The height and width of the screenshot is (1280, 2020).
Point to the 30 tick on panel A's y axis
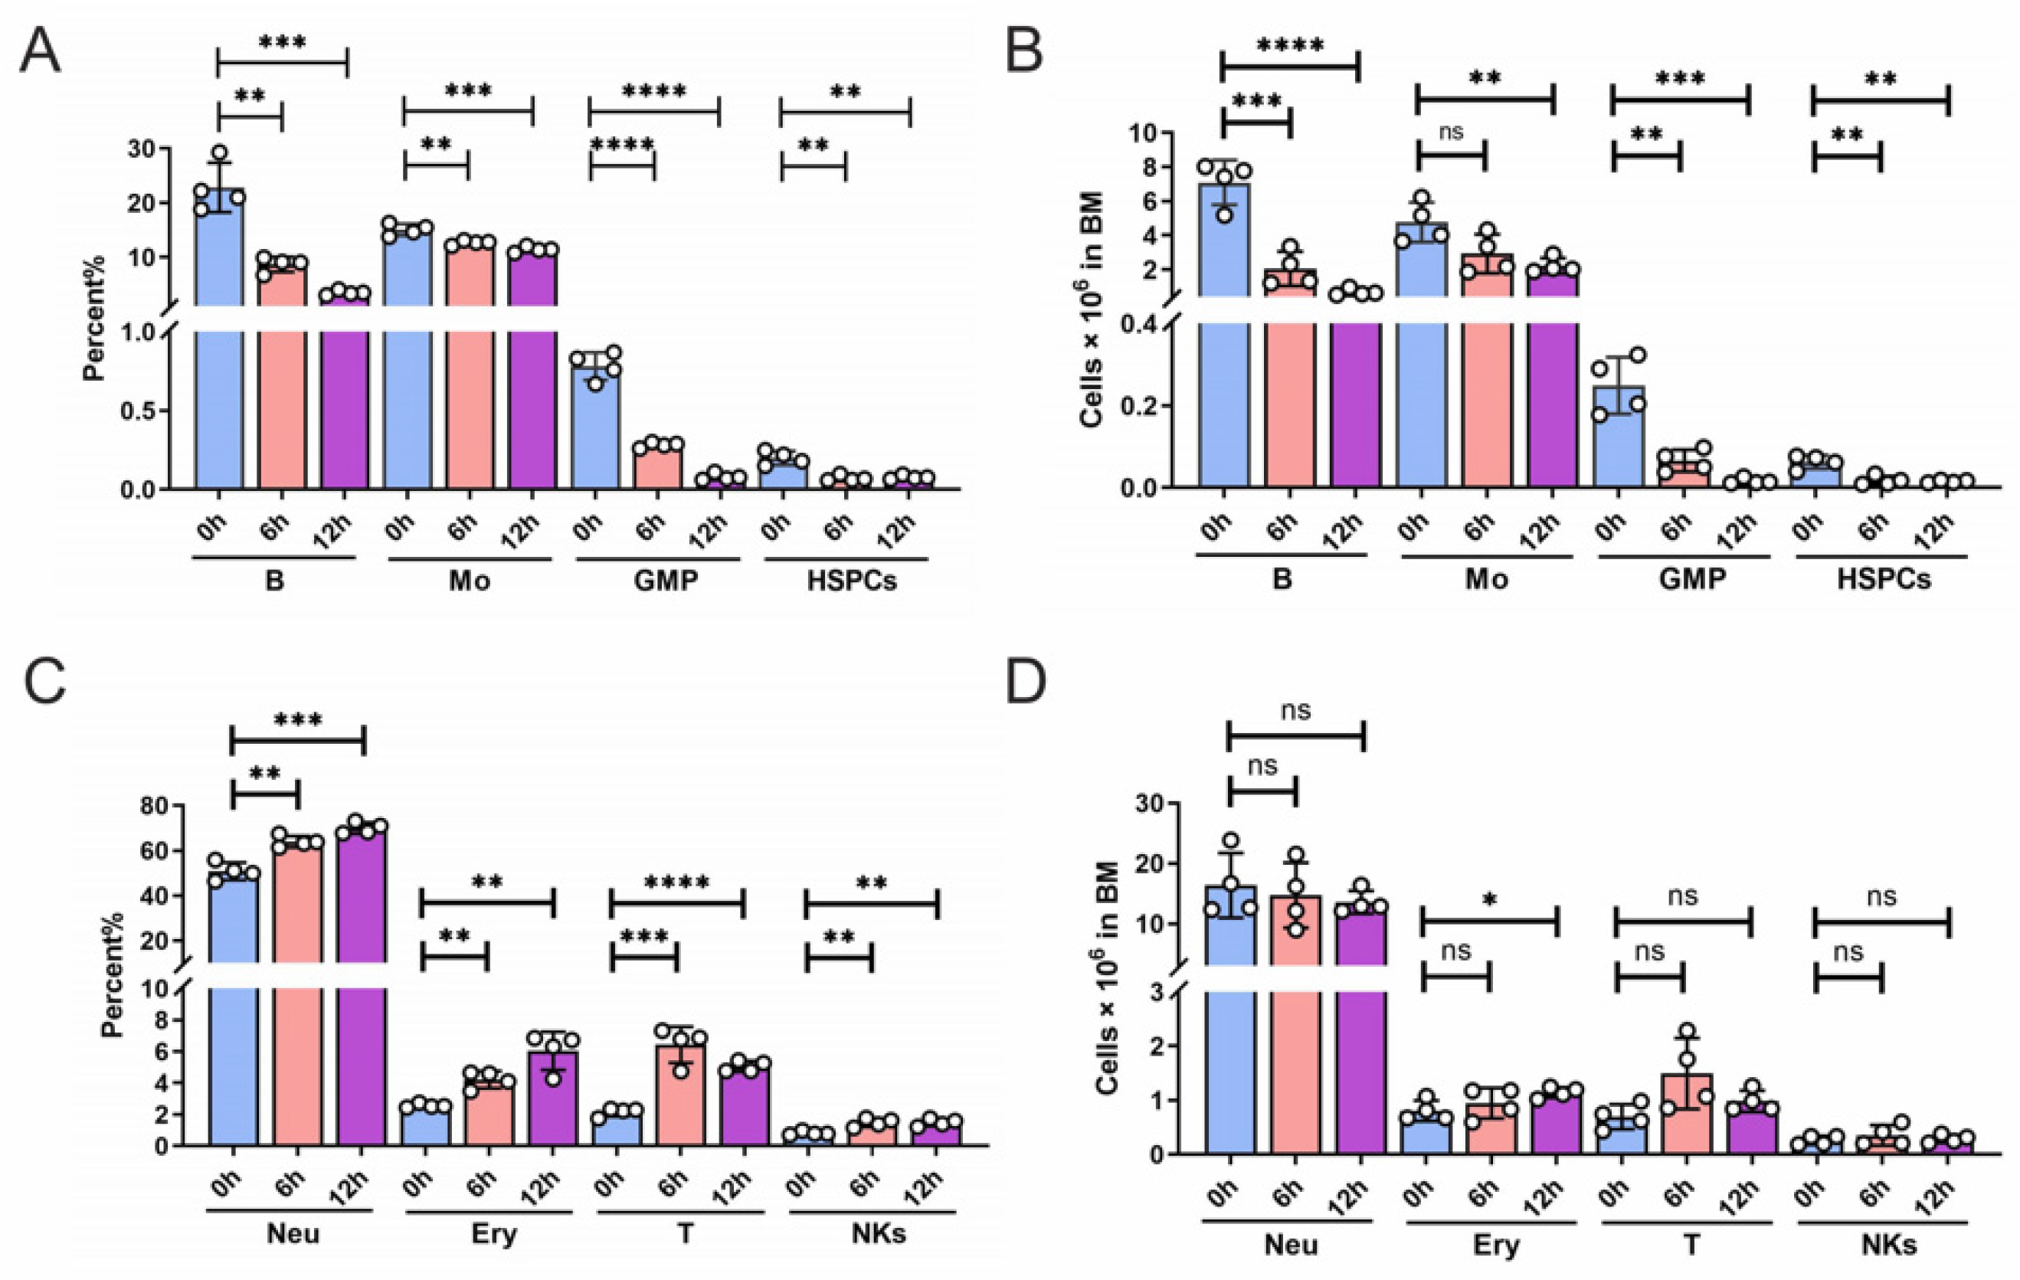click(143, 149)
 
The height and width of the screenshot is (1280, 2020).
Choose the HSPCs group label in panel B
click(1883, 579)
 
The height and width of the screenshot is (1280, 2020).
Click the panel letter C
click(44, 682)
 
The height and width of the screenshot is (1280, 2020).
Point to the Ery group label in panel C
click(494, 1234)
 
